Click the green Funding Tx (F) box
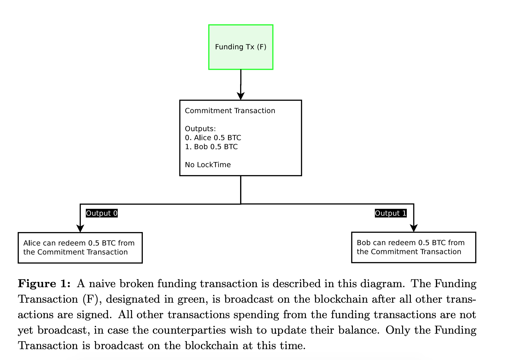(241, 47)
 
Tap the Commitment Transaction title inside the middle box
(230, 111)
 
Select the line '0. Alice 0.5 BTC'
(213, 138)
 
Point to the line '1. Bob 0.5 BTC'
(211, 147)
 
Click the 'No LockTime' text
(208, 165)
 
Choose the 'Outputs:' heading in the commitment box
(200, 129)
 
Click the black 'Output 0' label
(102, 213)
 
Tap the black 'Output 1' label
(391, 213)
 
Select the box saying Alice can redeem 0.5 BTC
(80, 248)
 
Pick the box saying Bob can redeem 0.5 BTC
(414, 247)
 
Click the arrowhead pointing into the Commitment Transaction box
(241, 96)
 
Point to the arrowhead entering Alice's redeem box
(80, 228)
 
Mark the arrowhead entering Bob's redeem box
(414, 228)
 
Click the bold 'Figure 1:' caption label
(44, 283)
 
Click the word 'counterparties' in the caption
(189, 331)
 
